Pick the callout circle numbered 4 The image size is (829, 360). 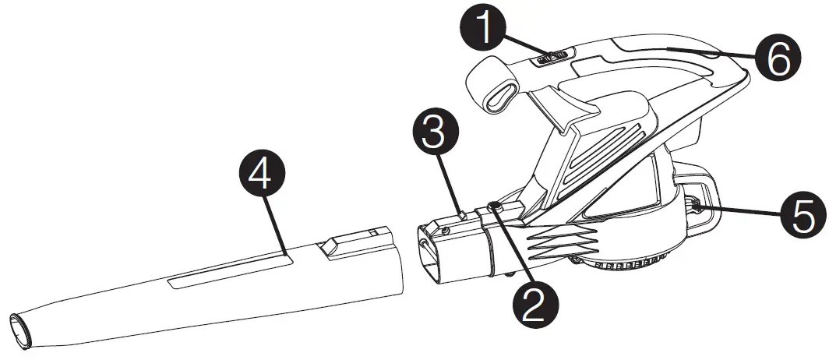tap(261, 175)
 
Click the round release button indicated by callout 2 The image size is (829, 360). tap(494, 206)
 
